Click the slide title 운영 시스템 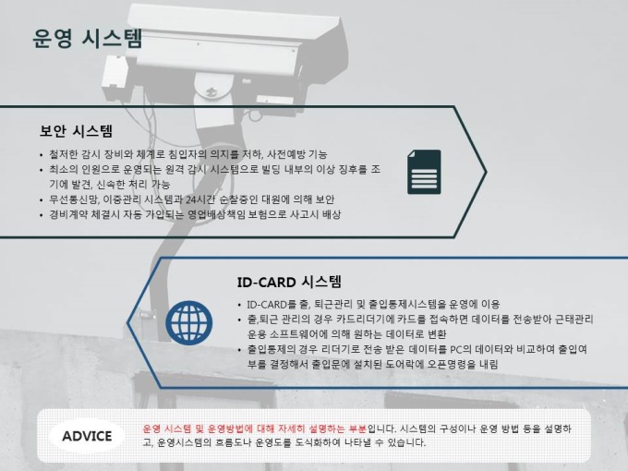(x=87, y=39)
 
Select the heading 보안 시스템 (x=76, y=131)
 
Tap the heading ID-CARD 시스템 (x=289, y=282)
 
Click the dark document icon (x=424, y=172)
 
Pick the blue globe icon (x=189, y=322)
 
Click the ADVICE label (x=87, y=436)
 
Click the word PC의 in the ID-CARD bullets (x=461, y=349)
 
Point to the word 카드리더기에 (x=365, y=320)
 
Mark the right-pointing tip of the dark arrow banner (x=486, y=172)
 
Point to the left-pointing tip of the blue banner (x=128, y=322)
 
